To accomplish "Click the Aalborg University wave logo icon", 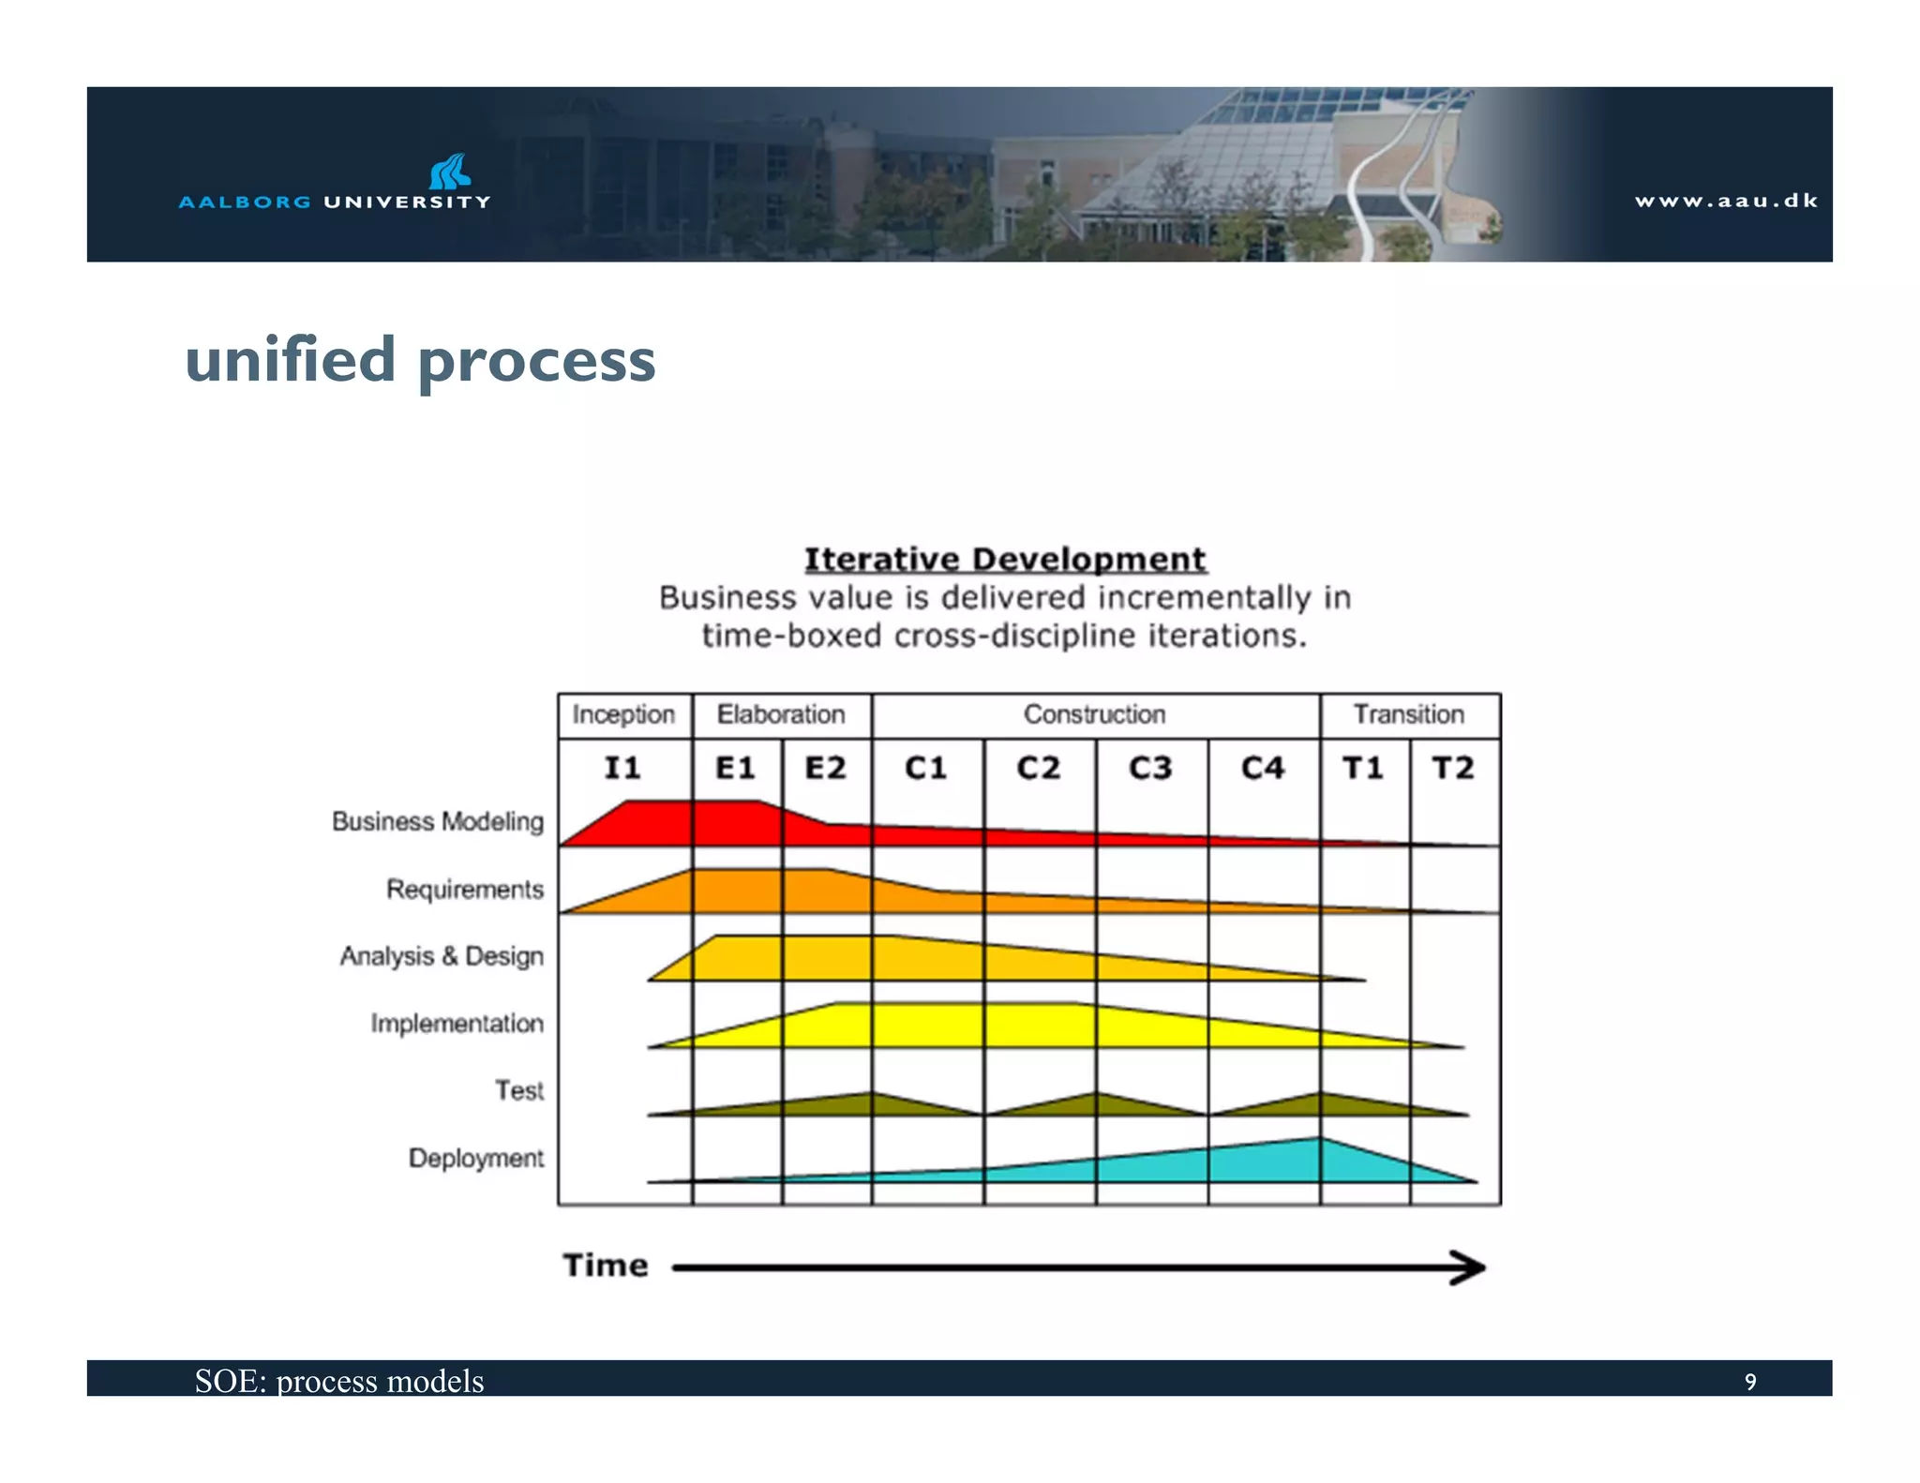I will pos(449,172).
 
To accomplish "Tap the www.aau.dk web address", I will pos(1726,201).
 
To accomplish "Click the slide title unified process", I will pos(420,360).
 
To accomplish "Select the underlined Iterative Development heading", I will pos(1005,560).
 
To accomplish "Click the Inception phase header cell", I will pos(623,714).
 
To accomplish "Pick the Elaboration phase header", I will pos(781,714).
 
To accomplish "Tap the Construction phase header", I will pos(1094,714).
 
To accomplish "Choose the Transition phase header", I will pos(1408,714).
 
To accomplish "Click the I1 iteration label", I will pos(622,768).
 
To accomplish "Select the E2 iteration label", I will pos(825,768).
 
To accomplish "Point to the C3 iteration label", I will pos(1150,768).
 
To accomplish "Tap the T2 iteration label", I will pos(1453,768).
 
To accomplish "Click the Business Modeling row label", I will pos(438,821).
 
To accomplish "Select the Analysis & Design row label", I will pos(442,956).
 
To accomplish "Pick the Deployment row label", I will pos(475,1159).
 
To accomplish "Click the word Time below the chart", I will pos(606,1266).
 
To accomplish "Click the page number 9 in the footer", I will pos(1749,1382).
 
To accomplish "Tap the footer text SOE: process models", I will pos(339,1381).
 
